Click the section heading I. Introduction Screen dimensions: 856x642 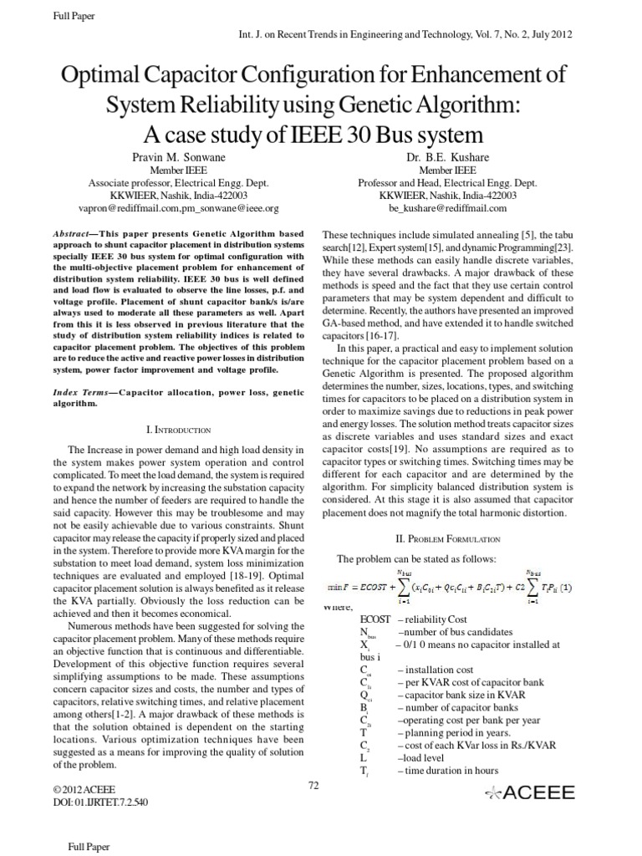[179, 429]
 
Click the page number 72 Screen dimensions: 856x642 [313, 783]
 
